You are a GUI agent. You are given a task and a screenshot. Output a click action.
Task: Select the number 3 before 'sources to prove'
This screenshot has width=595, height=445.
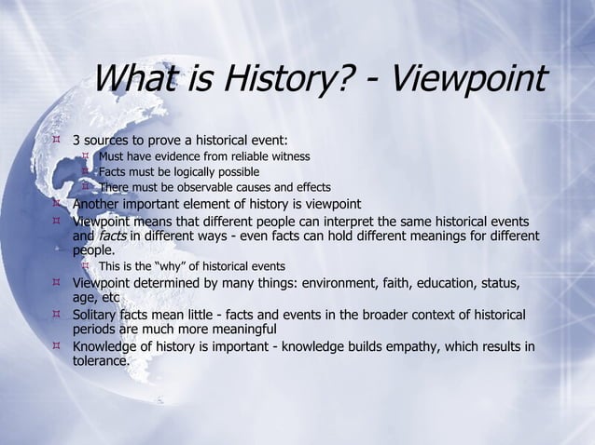click(77, 141)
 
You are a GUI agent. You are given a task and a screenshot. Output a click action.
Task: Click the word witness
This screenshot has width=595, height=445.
click(290, 156)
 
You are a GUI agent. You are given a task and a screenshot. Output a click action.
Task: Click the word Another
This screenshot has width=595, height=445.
click(100, 205)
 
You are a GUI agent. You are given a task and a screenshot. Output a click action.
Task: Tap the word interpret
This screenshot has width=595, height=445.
click(365, 222)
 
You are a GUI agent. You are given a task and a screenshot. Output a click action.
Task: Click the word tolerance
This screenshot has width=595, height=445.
click(103, 363)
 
